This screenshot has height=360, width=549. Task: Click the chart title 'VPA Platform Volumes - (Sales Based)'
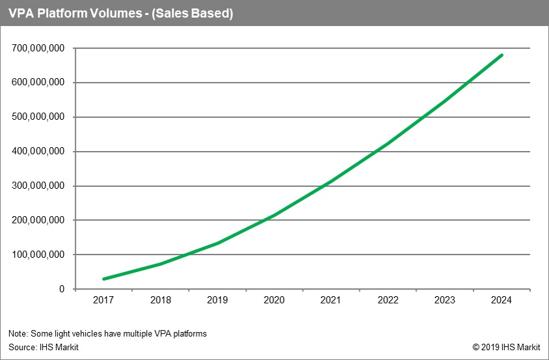tap(121, 13)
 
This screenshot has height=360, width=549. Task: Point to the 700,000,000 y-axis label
tap(38, 49)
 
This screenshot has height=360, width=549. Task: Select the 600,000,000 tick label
tap(38, 83)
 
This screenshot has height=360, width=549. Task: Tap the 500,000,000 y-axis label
tap(38, 117)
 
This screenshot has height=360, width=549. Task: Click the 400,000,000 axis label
tap(38, 152)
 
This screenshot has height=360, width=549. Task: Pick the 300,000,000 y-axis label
tap(38, 186)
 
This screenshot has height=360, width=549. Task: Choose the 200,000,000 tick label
tap(38, 221)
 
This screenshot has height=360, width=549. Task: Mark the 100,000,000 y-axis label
tap(38, 255)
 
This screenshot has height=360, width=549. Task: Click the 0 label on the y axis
tap(62, 289)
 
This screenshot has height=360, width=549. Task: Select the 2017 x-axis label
tap(103, 300)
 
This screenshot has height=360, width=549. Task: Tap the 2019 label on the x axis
tap(217, 300)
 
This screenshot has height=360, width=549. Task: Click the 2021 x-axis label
tap(331, 300)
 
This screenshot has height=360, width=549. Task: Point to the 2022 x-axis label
tap(388, 300)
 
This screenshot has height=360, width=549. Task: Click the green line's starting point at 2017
tap(103, 279)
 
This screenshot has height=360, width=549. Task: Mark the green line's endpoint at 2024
tap(502, 55)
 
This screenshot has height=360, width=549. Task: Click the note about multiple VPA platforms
tap(108, 334)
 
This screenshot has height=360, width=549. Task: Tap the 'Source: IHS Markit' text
tap(44, 347)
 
